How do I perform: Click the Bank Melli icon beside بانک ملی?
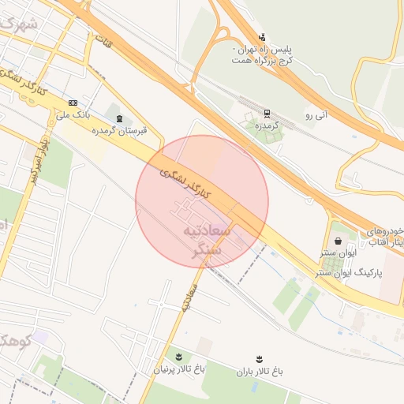coord(73,103)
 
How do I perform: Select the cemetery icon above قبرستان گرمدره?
coord(119,118)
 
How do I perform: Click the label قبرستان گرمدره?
coord(119,130)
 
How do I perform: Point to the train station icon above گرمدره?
coord(267,113)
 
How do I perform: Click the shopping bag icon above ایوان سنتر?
coord(339,241)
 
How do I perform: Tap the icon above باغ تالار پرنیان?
coord(178,357)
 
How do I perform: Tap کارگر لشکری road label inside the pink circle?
coord(186,183)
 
